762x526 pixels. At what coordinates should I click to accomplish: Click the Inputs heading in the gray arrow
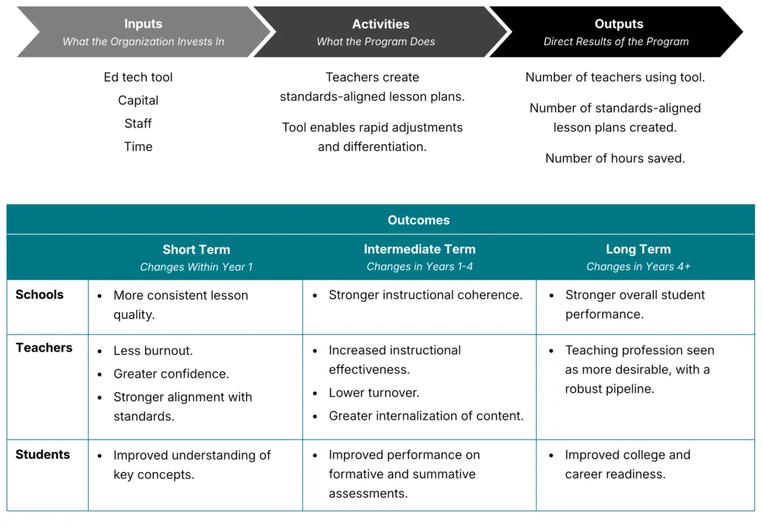pyautogui.click(x=144, y=24)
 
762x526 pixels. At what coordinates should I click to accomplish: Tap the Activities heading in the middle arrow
pyautogui.click(x=380, y=24)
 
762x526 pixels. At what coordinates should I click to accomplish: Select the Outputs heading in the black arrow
pyautogui.click(x=618, y=24)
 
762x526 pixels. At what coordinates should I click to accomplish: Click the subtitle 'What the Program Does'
pyautogui.click(x=376, y=41)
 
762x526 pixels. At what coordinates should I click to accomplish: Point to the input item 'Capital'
pyautogui.click(x=138, y=101)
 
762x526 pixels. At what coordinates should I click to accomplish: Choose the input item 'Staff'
pyautogui.click(x=138, y=124)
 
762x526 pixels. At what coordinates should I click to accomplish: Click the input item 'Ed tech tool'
pyautogui.click(x=138, y=77)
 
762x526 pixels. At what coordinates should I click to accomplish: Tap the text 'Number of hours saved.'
pyautogui.click(x=615, y=159)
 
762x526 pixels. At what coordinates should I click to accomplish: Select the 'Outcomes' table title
pyautogui.click(x=418, y=220)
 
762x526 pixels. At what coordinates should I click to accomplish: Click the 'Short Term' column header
pyautogui.click(x=196, y=249)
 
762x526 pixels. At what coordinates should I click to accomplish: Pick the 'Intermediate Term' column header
pyautogui.click(x=420, y=249)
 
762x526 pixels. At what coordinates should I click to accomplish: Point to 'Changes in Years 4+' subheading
pyautogui.click(x=639, y=266)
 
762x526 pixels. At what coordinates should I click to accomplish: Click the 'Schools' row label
pyautogui.click(x=39, y=294)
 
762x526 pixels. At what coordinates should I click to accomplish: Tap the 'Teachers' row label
pyautogui.click(x=44, y=348)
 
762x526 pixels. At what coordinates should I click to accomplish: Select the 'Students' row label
pyautogui.click(x=43, y=454)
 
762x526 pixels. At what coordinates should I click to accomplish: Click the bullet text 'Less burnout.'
pyautogui.click(x=153, y=350)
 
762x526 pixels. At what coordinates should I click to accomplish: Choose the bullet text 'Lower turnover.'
pyautogui.click(x=374, y=393)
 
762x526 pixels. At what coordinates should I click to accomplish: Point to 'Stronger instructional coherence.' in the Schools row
pyautogui.click(x=425, y=295)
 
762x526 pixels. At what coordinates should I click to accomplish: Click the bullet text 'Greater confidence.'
pyautogui.click(x=171, y=374)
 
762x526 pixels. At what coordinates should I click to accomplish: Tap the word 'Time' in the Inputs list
pyautogui.click(x=138, y=147)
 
